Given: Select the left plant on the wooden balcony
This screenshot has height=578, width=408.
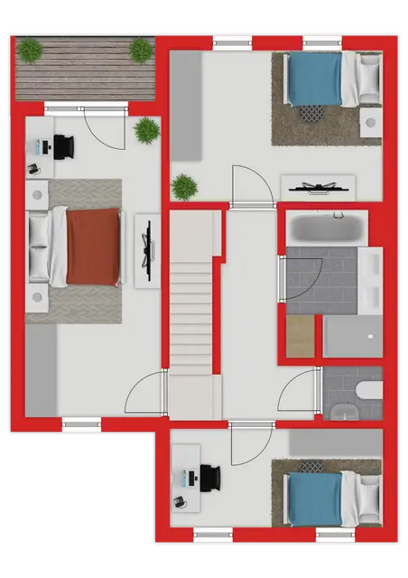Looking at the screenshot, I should click(x=31, y=50).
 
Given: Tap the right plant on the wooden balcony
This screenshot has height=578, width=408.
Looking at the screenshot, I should click(x=141, y=50).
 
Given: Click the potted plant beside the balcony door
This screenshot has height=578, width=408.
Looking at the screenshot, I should click(x=146, y=130).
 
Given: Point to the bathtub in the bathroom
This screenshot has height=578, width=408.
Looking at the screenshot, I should click(x=326, y=228).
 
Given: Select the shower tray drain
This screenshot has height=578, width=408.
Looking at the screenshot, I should click(x=370, y=337).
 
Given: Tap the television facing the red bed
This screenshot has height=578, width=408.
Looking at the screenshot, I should click(x=147, y=249).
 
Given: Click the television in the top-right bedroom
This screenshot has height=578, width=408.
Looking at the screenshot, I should click(x=317, y=188).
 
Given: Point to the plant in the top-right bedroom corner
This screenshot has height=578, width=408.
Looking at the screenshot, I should click(x=185, y=187).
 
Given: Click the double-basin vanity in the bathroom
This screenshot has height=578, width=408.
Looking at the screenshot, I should click(x=370, y=280).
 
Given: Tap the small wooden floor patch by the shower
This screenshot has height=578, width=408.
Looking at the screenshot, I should click(x=304, y=335).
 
